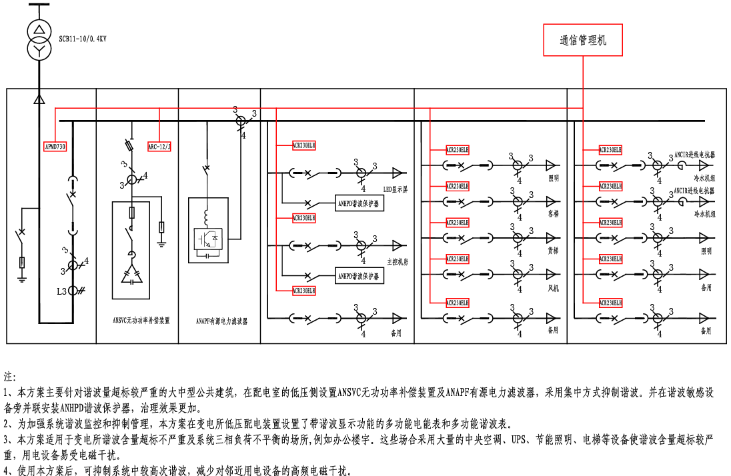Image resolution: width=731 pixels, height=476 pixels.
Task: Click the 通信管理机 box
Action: [584, 40]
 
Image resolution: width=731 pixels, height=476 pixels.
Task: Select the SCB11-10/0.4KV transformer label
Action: [83, 39]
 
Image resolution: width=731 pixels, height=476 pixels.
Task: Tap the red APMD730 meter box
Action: [55, 146]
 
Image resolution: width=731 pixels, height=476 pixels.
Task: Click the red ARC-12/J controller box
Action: [159, 146]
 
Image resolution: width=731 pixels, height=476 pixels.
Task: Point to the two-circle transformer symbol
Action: [39, 39]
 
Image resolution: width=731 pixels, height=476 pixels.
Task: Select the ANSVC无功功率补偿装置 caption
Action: [141, 320]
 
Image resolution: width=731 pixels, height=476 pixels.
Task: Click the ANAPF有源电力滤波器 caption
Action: [223, 321]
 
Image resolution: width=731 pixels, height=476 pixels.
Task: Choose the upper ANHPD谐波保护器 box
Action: [359, 204]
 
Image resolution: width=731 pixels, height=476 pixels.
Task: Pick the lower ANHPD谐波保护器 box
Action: [359, 275]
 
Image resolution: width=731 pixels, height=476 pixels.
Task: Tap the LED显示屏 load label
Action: [395, 189]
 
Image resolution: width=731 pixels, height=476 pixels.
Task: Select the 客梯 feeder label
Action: [553, 215]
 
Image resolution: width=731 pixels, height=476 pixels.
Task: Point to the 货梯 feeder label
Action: [553, 251]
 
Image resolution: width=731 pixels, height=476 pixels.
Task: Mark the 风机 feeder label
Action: [553, 288]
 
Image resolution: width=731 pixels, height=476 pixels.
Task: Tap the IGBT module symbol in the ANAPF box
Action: [208, 239]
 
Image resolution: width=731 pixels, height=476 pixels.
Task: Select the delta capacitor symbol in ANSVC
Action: [131, 275]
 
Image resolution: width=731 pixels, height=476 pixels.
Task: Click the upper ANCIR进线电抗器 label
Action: [694, 155]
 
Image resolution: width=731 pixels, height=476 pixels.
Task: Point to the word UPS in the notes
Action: [519, 441]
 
